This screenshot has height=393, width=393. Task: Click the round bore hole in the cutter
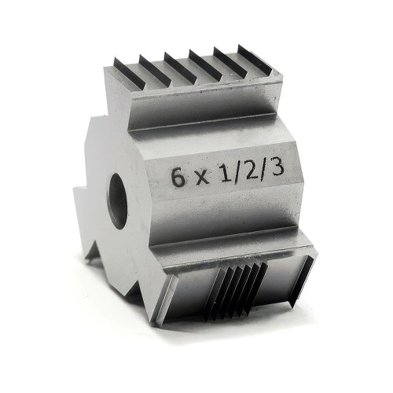point(118,200)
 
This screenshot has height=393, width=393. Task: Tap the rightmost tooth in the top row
point(256,61)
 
